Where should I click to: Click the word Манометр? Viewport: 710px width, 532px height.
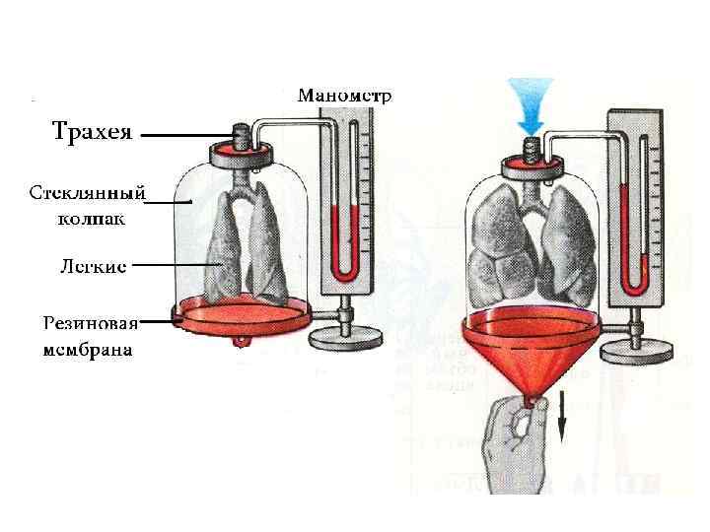pos(345,96)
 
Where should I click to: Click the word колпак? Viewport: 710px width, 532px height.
pos(90,217)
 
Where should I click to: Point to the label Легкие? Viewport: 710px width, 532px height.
pos(90,265)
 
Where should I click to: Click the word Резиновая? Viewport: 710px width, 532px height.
pos(90,323)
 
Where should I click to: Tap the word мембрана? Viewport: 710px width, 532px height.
pos(89,349)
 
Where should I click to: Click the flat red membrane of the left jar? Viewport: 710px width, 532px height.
pos(242,312)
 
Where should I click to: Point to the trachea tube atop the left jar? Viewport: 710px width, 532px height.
pos(241,134)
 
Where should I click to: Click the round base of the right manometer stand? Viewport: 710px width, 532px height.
pos(639,347)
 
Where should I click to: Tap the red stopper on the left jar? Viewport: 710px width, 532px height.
pos(241,150)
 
